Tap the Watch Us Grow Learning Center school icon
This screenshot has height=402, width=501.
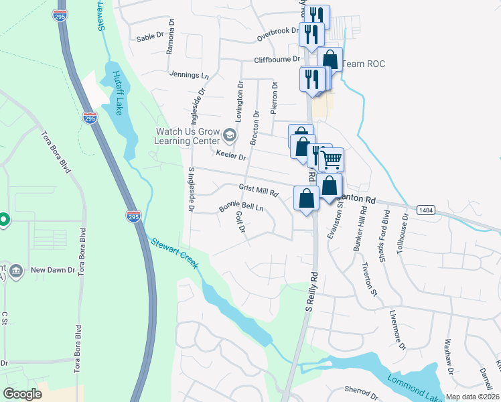coord(230,136)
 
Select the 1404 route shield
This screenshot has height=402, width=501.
coord(425,210)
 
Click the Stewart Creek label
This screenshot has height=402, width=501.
coord(174,253)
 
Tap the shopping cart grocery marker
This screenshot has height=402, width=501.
coord(330,160)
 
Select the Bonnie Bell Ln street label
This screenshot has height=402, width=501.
coord(242,208)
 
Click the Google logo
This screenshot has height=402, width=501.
coord(22,394)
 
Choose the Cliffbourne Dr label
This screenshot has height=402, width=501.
coord(275,60)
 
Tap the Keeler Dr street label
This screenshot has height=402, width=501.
coord(231,155)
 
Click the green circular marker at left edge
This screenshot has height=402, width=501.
coord(3,219)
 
